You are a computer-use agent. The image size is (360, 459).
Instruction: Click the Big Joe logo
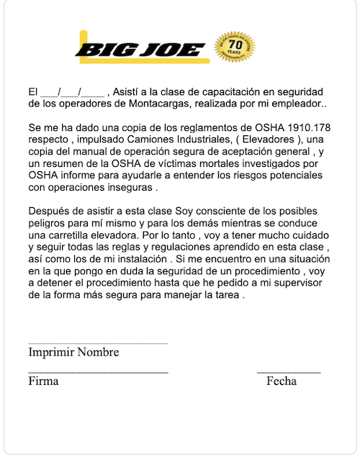140,50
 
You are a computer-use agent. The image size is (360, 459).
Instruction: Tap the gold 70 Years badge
235,50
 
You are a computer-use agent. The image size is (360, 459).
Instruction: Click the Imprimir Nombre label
73,353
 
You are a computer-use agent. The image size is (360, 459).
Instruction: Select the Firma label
43,381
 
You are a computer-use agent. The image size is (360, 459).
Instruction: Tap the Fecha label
281,381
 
